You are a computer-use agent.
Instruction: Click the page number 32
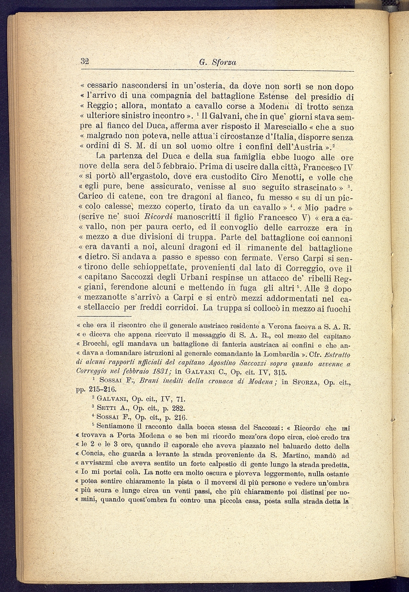[85, 62]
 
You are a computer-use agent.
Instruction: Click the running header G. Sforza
[218, 63]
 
